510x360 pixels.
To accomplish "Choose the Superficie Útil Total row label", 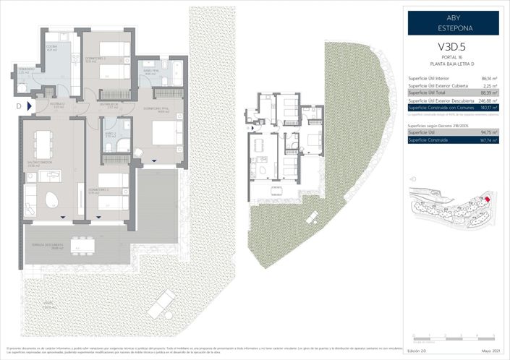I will tap(427, 93).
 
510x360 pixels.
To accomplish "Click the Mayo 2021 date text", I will tap(488, 352).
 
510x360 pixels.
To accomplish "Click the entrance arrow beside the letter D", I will tap(30, 106).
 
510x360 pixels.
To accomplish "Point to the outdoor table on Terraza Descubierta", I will tap(82, 246).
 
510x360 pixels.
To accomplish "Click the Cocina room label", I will tap(52, 48).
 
